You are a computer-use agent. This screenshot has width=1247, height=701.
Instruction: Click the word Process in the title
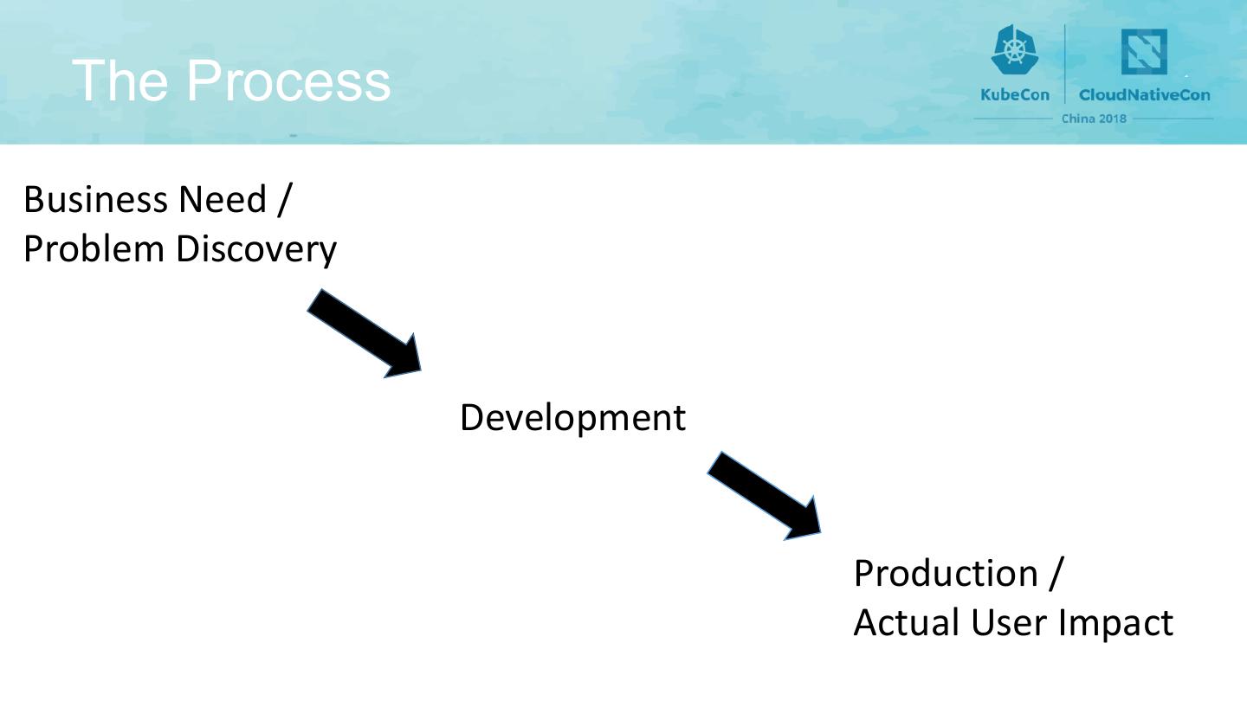288,80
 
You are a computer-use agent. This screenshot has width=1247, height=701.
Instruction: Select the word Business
95,200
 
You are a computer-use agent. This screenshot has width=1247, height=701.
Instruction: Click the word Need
222,200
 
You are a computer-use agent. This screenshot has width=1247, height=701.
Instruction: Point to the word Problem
92,249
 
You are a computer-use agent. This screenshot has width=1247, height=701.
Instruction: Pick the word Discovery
256,250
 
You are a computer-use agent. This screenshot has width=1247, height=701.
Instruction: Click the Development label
572,418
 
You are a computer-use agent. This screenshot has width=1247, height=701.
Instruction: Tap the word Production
945,573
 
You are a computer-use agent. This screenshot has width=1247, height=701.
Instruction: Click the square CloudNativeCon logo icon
1144,52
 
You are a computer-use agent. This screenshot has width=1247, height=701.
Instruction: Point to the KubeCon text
1014,94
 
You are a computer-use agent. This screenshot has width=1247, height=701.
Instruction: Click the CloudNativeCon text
1144,94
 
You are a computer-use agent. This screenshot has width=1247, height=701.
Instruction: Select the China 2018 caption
1094,119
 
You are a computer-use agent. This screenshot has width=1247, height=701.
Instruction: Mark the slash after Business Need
284,200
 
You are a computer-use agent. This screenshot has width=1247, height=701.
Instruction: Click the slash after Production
1053,573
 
